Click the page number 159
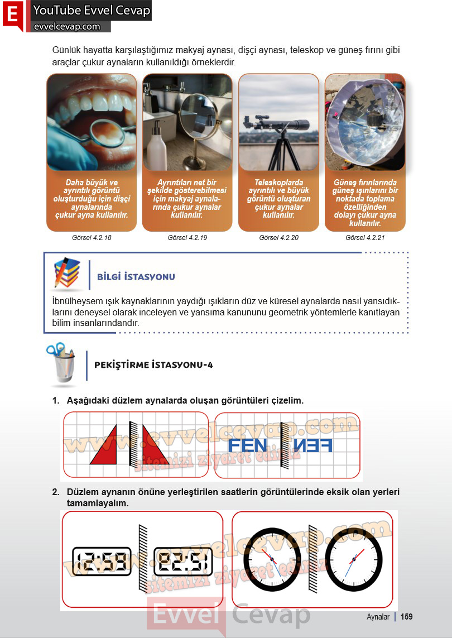pos(406,616)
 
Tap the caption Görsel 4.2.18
pos(92,238)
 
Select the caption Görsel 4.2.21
pos(365,238)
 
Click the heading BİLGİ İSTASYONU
pos(136,277)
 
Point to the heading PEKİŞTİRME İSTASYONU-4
pos(153,364)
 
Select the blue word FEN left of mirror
pos(248,445)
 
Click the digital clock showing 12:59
pos(102,561)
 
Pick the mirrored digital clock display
pos(183,561)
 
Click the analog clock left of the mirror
pos(272,559)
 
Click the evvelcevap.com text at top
pos(67,27)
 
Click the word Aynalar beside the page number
pos(378,617)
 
